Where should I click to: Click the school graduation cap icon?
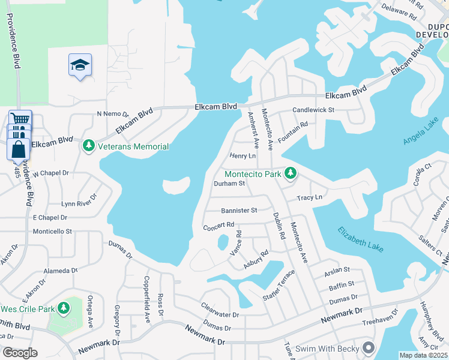point(80,65)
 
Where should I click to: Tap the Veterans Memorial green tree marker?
point(89,146)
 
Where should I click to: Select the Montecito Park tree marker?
point(291,173)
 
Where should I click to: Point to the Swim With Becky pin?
point(369,347)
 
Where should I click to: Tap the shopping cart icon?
point(20,118)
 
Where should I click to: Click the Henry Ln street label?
point(243,156)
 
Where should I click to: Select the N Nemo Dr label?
point(113,113)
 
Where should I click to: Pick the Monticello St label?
point(52,231)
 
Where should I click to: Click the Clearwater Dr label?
point(220,310)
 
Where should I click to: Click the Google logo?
point(19,353)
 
